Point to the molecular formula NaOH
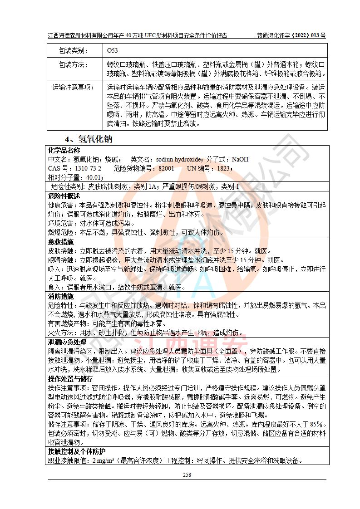point(240,160)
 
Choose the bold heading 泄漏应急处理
point(67,342)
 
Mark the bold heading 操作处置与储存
point(70,379)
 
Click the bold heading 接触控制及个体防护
point(76,451)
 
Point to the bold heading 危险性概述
point(64,196)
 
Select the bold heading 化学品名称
point(64,151)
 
